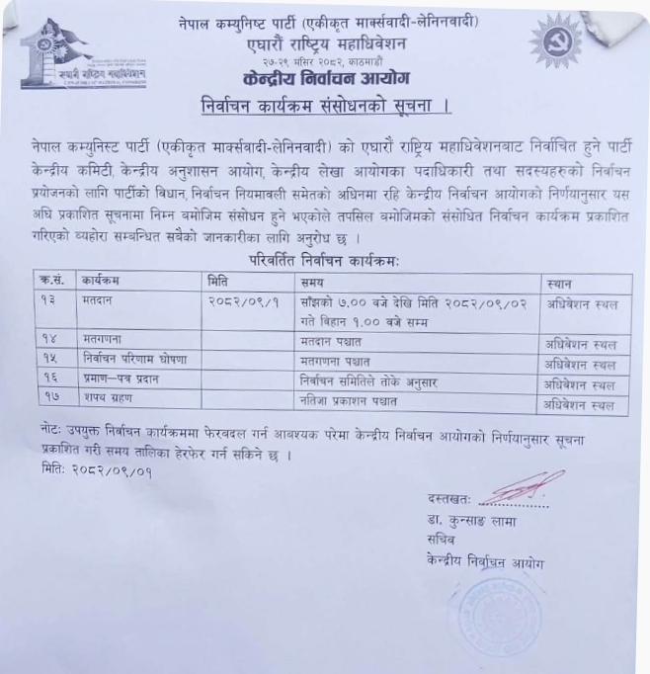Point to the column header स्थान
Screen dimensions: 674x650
tap(561, 284)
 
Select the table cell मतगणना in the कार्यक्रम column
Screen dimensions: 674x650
tap(110, 341)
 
